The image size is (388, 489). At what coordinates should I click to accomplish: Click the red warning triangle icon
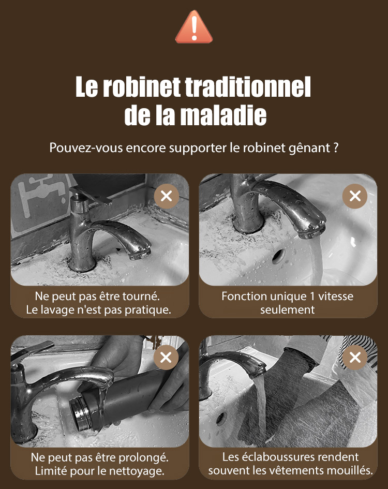[194, 27]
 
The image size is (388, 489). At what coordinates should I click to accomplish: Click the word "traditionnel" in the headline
[248, 87]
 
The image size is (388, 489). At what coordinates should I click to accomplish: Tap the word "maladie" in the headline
[223, 115]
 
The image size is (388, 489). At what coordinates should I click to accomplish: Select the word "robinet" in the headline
[142, 87]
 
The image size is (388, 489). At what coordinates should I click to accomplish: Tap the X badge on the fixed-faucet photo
[167, 196]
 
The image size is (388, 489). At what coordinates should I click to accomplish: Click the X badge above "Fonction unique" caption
[355, 196]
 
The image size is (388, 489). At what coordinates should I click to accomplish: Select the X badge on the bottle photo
[166, 358]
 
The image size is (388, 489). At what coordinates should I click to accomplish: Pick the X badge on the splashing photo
[355, 358]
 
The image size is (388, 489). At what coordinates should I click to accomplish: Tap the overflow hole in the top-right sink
[278, 256]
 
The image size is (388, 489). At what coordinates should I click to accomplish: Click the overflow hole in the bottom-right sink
[221, 419]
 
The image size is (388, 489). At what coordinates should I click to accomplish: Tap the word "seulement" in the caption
[288, 309]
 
